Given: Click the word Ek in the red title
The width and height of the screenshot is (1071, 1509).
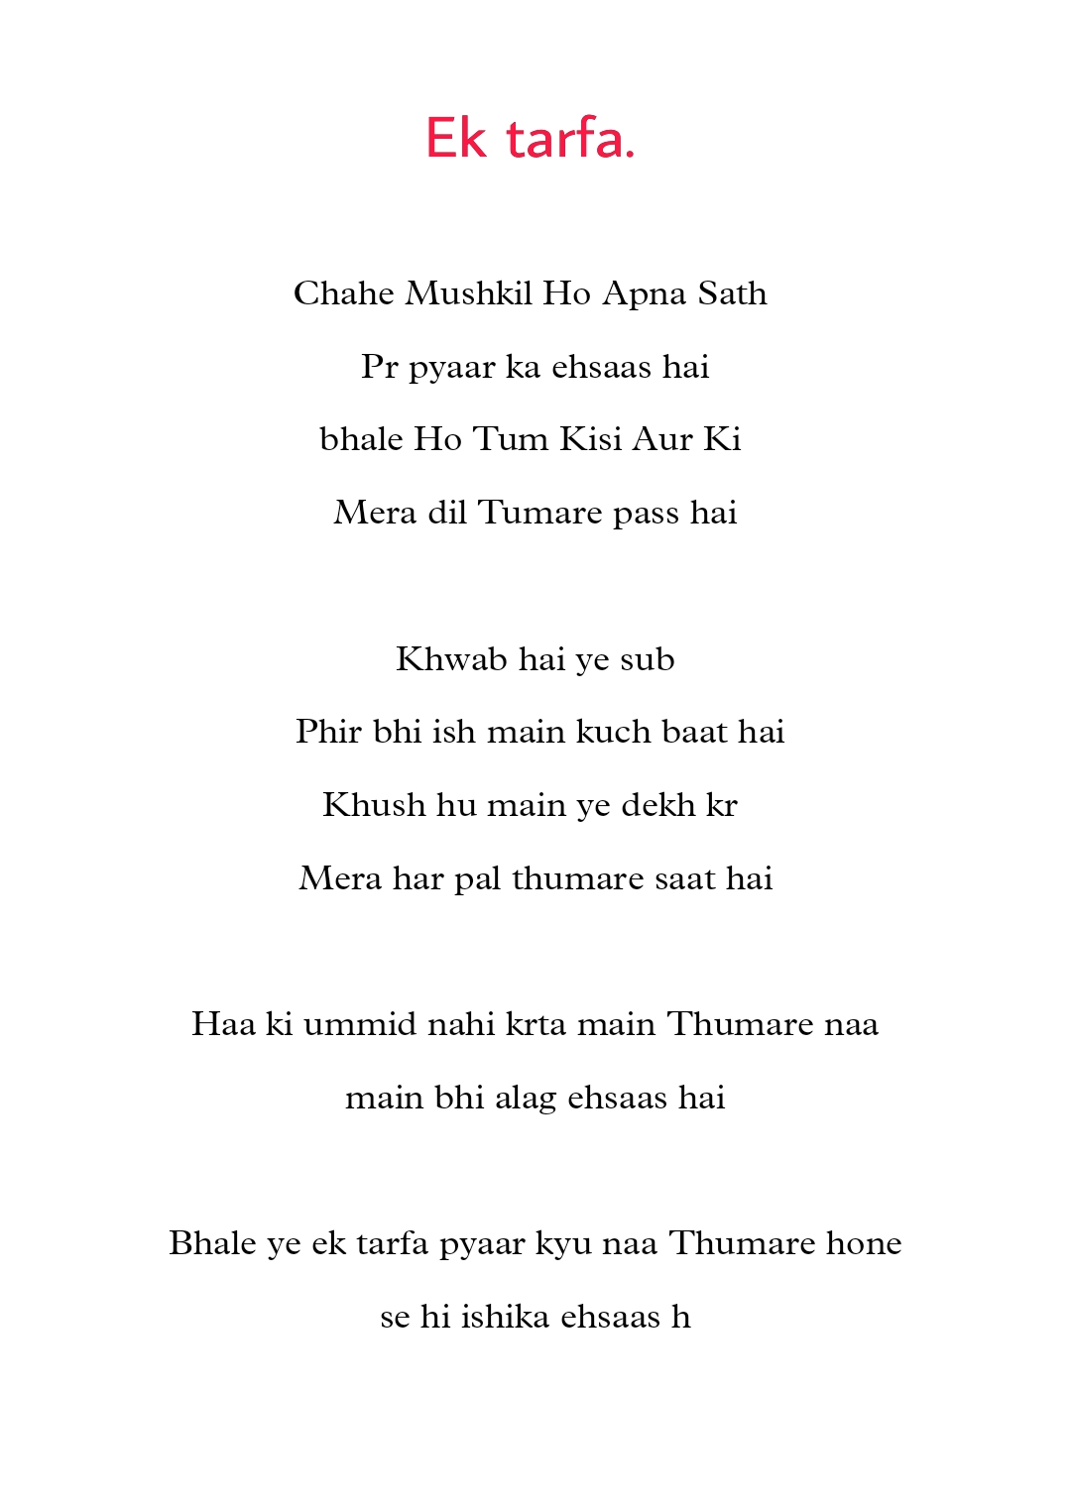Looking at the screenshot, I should (456, 138).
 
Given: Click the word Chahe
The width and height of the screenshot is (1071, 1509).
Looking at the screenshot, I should (344, 293).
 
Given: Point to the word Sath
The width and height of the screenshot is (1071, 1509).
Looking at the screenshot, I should (733, 293).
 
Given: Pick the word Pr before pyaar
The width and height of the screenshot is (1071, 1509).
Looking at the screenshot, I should (379, 367).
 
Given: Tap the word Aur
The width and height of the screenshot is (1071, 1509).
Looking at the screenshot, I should (662, 439).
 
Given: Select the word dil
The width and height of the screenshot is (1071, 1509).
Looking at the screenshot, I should (447, 513).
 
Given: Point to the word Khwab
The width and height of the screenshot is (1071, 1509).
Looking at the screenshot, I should (451, 659).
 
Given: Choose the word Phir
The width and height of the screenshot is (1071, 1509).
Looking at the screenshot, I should (328, 732).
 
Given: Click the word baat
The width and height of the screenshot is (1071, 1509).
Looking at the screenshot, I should (694, 732).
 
